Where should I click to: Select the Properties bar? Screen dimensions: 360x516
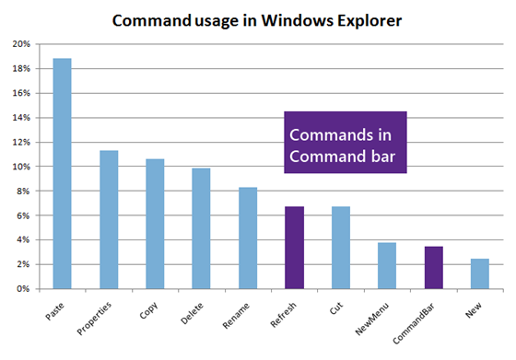click(x=109, y=220)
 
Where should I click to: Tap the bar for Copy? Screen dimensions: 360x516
click(x=155, y=224)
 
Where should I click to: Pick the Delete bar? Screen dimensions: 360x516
click(x=201, y=228)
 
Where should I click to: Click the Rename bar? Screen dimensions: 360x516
click(x=247, y=238)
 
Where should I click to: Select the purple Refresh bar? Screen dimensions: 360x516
click(x=294, y=248)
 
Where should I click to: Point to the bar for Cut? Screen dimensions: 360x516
click(x=340, y=248)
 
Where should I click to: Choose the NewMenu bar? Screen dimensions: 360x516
click(x=387, y=266)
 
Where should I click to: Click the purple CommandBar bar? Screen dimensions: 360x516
click(x=433, y=268)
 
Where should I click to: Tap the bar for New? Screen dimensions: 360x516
click(x=479, y=273)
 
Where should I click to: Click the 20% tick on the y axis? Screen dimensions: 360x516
click(x=21, y=44)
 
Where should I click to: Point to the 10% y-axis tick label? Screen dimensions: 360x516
click(x=21, y=167)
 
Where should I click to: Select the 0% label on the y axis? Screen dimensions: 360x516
click(x=24, y=289)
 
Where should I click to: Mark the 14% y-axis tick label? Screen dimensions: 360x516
click(x=21, y=118)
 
